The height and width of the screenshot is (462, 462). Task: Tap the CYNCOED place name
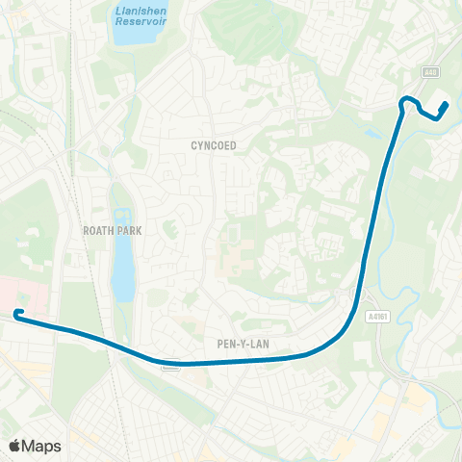click(213, 145)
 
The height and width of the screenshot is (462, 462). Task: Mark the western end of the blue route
click(17, 312)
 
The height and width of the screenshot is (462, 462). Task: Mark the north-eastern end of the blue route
click(446, 104)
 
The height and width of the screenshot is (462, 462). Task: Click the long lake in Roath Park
click(123, 255)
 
